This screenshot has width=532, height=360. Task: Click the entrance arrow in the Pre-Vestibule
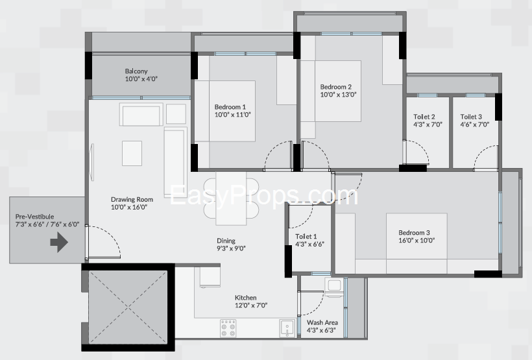click(x=60, y=242)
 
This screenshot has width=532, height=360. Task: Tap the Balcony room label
click(x=136, y=71)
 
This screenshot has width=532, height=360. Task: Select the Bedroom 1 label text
click(x=230, y=107)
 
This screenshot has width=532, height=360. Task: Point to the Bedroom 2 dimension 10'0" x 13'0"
click(x=338, y=95)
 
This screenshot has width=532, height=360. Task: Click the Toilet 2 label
click(x=424, y=117)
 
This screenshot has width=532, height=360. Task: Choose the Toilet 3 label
click(x=471, y=117)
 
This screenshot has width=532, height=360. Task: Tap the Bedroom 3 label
click(x=414, y=233)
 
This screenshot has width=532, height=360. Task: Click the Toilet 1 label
click(x=306, y=237)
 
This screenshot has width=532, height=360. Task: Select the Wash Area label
click(x=322, y=322)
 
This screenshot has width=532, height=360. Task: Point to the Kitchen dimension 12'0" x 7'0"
click(x=251, y=306)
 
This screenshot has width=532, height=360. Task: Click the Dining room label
click(x=226, y=241)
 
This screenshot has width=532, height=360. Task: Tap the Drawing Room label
click(x=132, y=200)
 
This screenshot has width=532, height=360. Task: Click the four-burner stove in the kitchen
click(x=228, y=328)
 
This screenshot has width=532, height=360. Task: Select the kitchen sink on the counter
click(x=287, y=328)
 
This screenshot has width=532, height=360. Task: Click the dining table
click(x=231, y=198)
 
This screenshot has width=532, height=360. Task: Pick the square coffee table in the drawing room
click(x=132, y=153)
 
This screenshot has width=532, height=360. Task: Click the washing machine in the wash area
click(x=334, y=287)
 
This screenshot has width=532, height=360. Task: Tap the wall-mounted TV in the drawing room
click(x=92, y=162)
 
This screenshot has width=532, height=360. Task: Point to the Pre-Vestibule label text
click(x=34, y=217)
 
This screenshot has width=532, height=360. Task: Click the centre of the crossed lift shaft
click(x=128, y=307)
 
